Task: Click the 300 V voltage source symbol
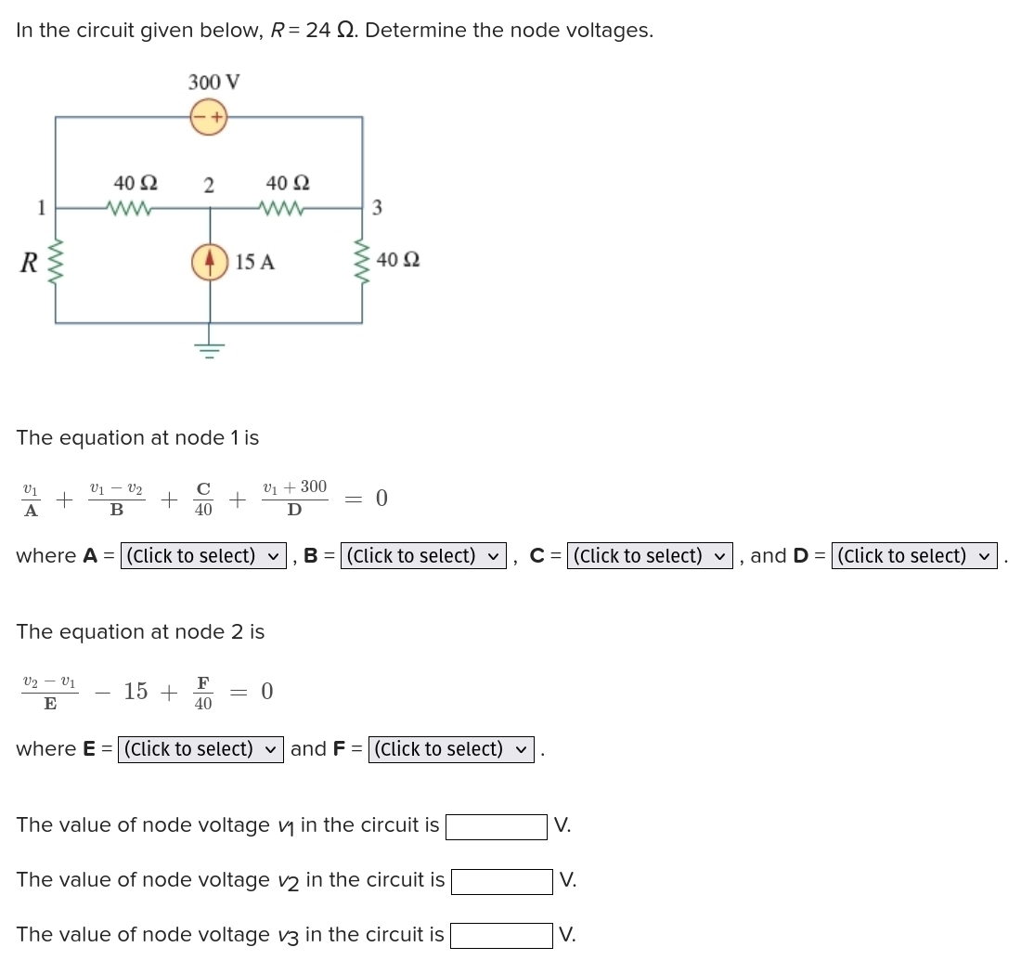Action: (210, 117)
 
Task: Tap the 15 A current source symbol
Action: (210, 262)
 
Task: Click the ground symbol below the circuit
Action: (210, 349)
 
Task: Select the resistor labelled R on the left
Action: (56, 263)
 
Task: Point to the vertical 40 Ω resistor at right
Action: (362, 261)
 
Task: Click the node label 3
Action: (377, 208)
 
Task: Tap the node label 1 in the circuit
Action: (41, 207)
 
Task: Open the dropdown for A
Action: (203, 556)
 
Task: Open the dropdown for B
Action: (423, 556)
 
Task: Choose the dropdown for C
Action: (650, 556)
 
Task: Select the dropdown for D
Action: (914, 556)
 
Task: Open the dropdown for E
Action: (200, 749)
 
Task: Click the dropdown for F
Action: (451, 749)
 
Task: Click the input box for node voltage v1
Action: (496, 826)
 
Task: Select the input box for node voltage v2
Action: (501, 881)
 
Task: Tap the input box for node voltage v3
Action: (501, 936)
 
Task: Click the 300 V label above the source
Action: (214, 82)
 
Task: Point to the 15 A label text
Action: (255, 263)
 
